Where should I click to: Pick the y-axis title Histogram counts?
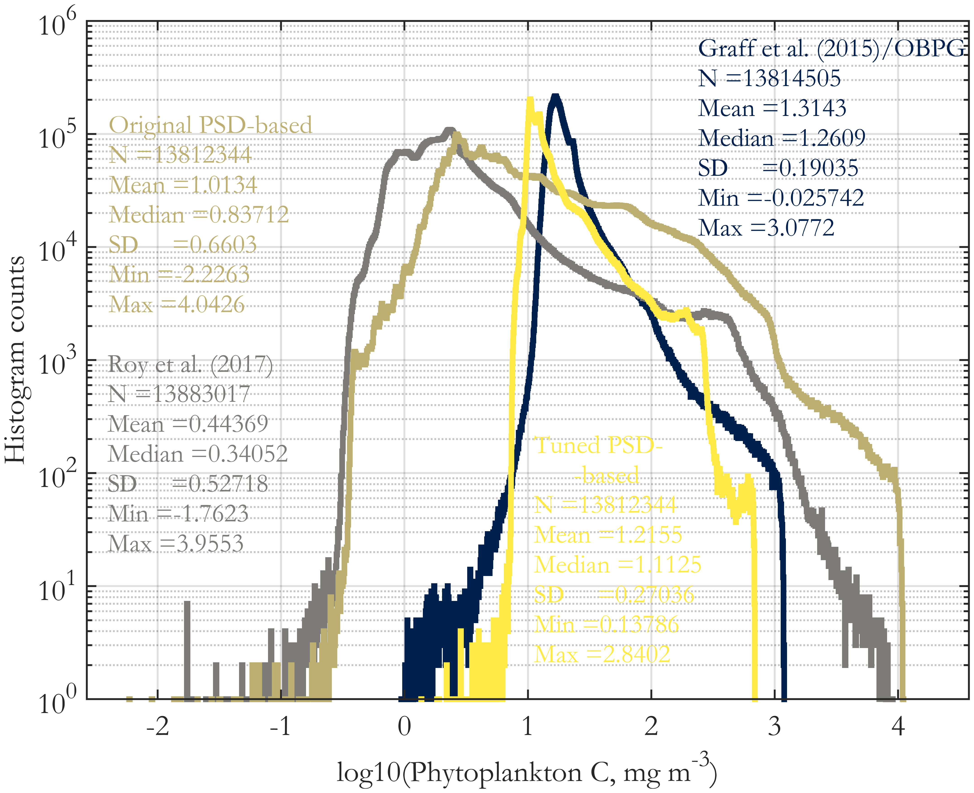tap(15, 359)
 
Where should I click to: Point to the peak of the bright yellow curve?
tap(530, 99)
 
